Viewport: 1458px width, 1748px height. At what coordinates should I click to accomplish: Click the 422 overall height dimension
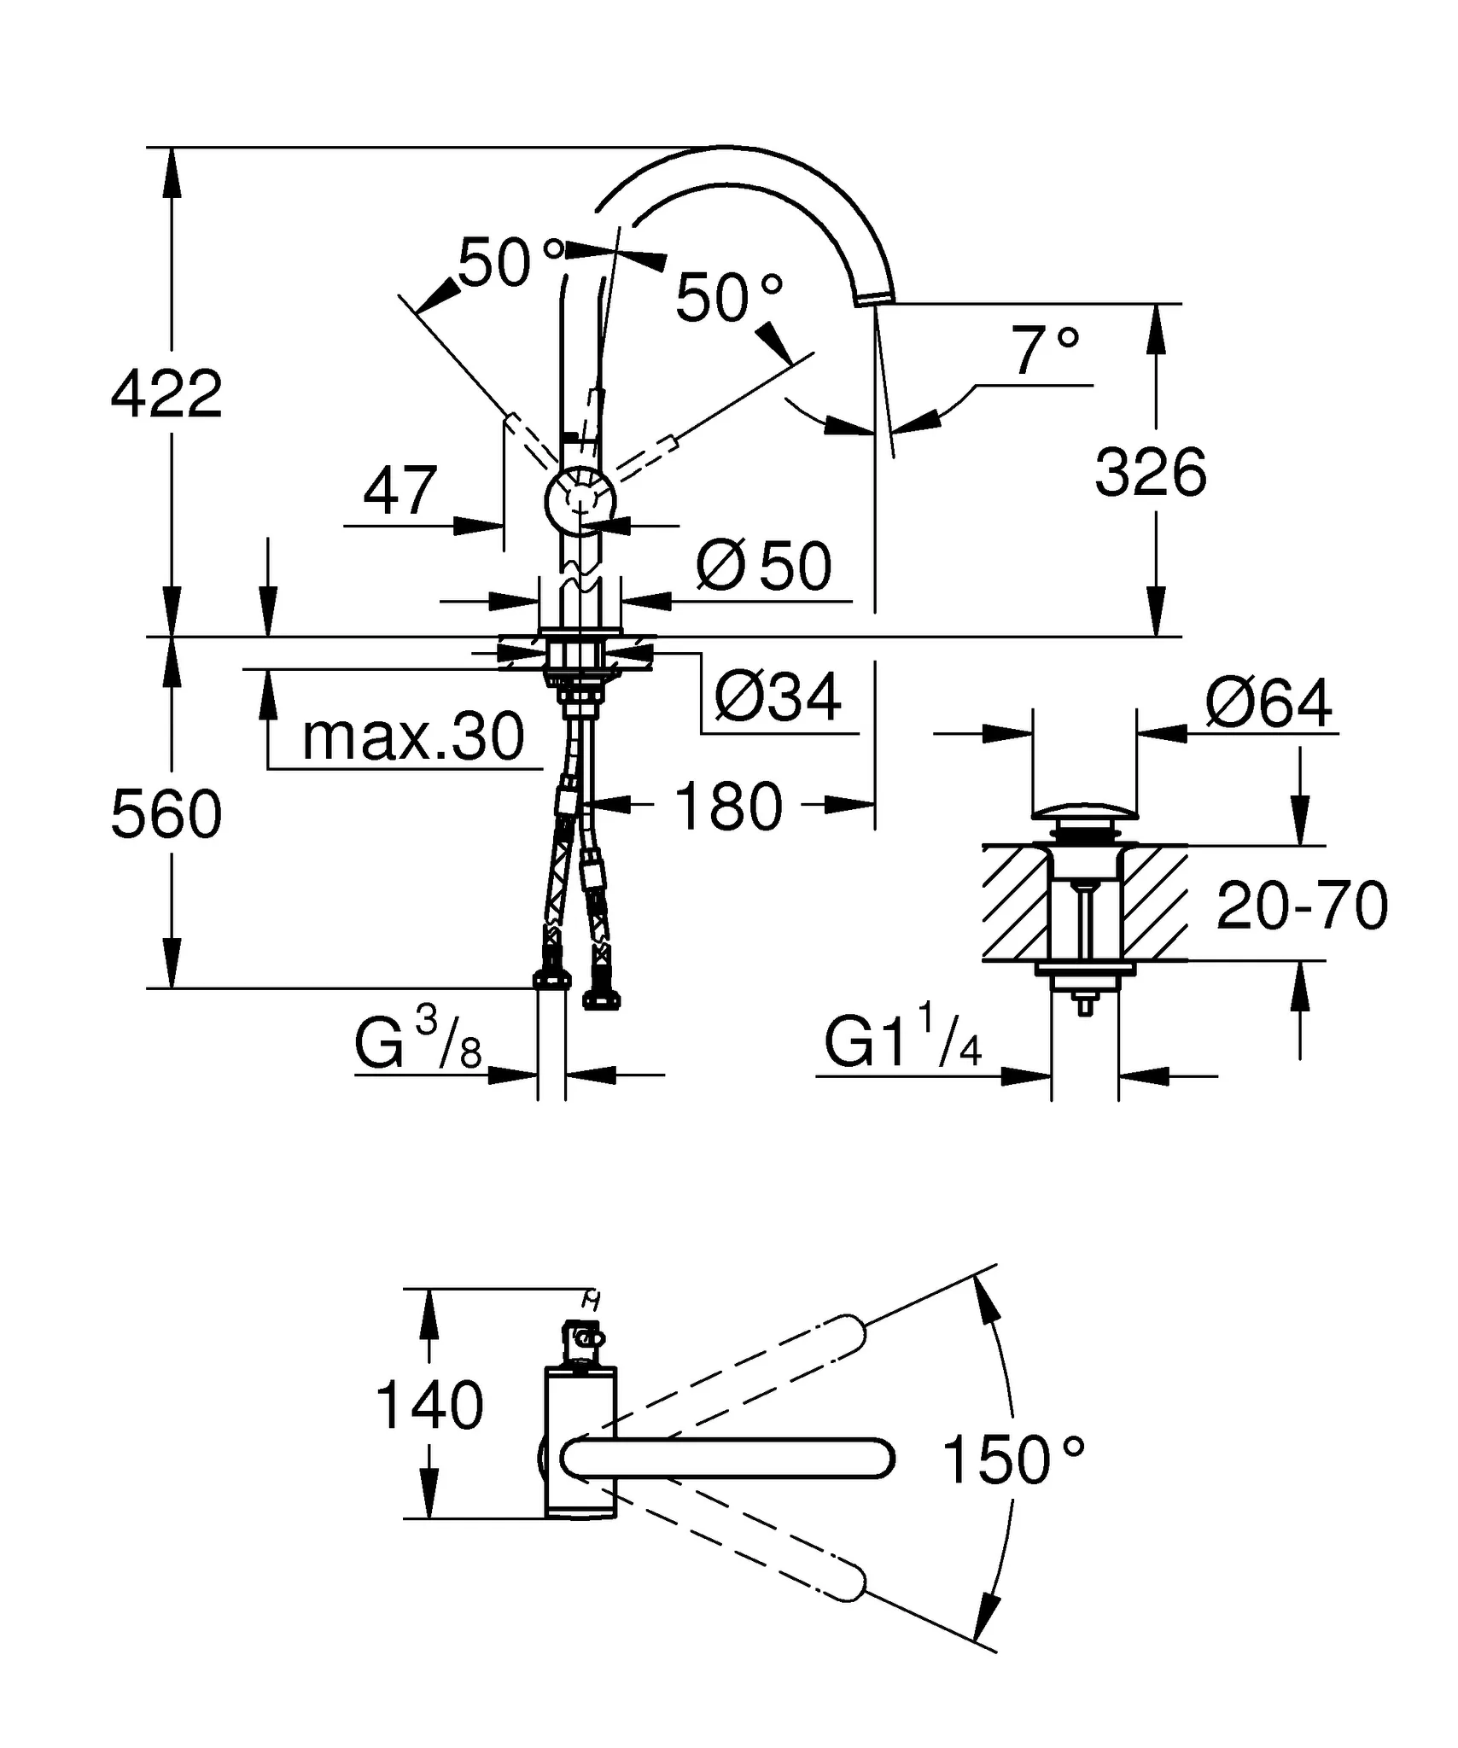pyautogui.click(x=166, y=394)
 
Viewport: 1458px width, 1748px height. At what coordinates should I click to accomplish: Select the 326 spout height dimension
pyautogui.click(x=1150, y=472)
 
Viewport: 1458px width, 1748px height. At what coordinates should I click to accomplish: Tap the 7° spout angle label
pyautogui.click(x=1045, y=351)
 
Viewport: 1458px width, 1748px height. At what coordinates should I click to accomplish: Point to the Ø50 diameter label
pyautogui.click(x=764, y=566)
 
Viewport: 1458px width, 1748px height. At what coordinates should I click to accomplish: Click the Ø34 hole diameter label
pyautogui.click(x=778, y=697)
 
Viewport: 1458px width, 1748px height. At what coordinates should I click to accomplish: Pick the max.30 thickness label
pyautogui.click(x=413, y=737)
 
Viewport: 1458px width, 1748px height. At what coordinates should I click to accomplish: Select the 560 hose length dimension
pyautogui.click(x=166, y=813)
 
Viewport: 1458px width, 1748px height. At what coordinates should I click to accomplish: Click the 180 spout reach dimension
pyautogui.click(x=728, y=806)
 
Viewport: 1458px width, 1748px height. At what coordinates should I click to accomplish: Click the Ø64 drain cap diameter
pyautogui.click(x=1268, y=703)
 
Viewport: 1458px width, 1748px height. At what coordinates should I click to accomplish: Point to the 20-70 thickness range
pyautogui.click(x=1301, y=906)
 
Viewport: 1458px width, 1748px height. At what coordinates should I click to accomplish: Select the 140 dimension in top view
pyautogui.click(x=429, y=1430)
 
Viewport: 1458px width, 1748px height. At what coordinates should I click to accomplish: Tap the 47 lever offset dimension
pyautogui.click(x=399, y=492)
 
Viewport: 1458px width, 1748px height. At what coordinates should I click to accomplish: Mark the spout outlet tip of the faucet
pyautogui.click(x=874, y=296)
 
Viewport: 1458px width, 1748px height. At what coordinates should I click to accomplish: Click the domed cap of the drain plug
pyautogui.click(x=1084, y=809)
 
